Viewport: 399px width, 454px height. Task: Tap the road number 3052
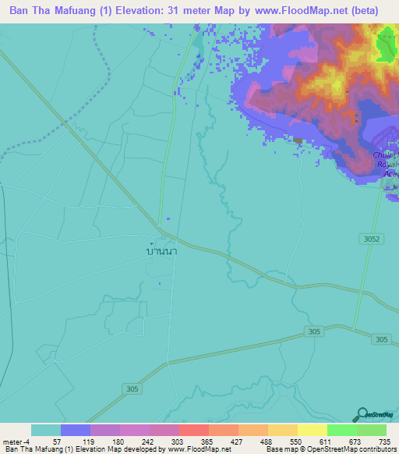click(376, 239)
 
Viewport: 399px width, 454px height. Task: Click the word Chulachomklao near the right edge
click(386, 154)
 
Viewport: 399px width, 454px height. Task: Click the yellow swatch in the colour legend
click(312, 430)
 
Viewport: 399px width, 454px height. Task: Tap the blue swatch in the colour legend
click(75, 430)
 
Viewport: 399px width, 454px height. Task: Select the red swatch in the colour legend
click(193, 430)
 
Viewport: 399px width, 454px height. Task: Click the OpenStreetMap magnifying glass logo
click(362, 415)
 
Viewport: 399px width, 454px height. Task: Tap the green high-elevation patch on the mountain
click(386, 47)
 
